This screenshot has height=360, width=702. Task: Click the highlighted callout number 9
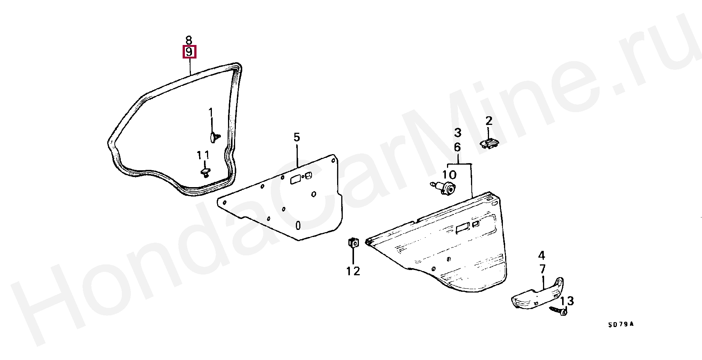coord(189,52)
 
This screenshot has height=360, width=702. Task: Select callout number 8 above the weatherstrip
coord(189,39)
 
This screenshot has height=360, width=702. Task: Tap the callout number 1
coord(211,112)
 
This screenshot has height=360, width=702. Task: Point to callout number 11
coord(204,155)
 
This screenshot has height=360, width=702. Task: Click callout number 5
coord(297,137)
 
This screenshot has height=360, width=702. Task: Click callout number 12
coord(353,271)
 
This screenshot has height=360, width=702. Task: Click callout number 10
coord(449,175)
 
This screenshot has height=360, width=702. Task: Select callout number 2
coord(489,121)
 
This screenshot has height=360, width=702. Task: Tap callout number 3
coord(458,132)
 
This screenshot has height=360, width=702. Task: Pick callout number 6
coord(457,147)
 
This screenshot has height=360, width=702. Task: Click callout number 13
coord(567,301)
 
